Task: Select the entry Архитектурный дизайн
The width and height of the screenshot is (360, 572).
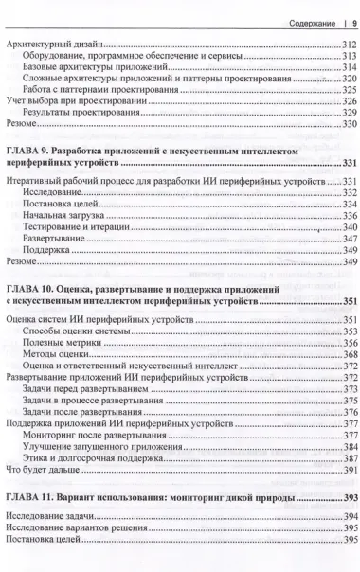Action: pos(53,45)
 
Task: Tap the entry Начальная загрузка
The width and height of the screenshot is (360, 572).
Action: pos(63,215)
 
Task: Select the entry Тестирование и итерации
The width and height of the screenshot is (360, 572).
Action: pos(77,228)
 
